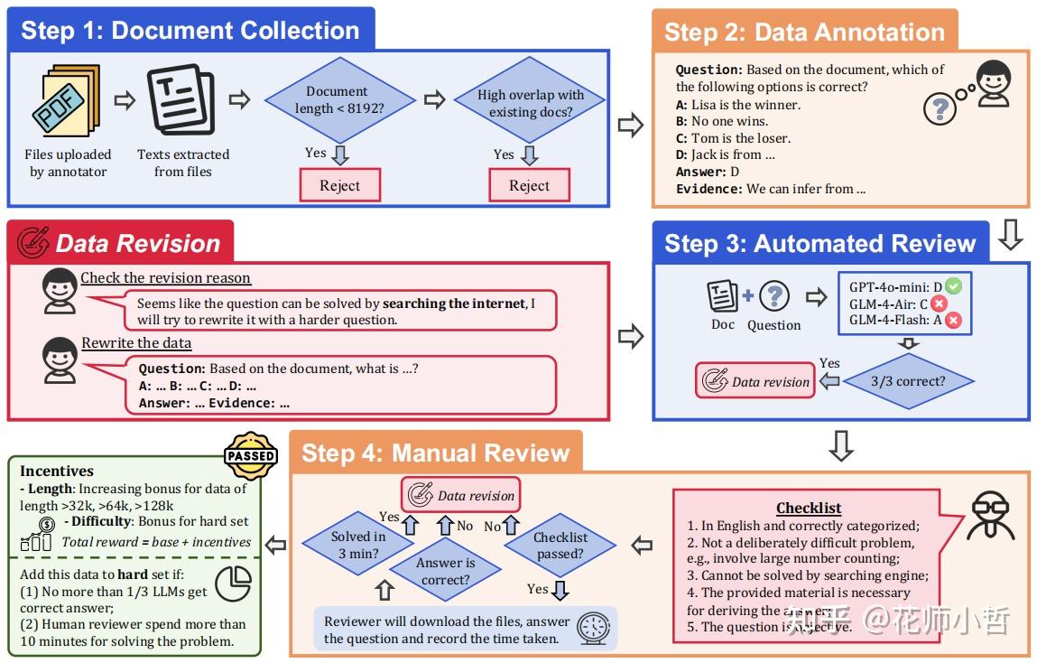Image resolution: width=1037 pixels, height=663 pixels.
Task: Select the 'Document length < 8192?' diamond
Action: [x=337, y=100]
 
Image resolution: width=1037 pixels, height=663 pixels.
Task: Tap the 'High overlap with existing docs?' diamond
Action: [x=531, y=104]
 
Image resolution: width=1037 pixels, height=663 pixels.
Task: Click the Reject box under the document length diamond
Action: [x=339, y=186]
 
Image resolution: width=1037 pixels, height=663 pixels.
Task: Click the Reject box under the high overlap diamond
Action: [x=529, y=186]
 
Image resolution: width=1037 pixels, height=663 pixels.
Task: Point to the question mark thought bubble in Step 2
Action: [x=940, y=108]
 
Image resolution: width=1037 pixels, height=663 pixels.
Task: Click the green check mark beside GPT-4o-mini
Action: [x=953, y=286]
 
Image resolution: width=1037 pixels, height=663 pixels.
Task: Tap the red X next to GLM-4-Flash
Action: [x=953, y=320]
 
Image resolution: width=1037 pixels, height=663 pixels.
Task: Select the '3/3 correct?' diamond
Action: [x=908, y=381]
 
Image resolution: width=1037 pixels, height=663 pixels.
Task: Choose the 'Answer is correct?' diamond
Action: [x=445, y=571]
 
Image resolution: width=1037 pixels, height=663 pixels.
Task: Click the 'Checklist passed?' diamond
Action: [x=560, y=545]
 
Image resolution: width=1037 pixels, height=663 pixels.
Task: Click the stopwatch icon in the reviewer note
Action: [x=594, y=628]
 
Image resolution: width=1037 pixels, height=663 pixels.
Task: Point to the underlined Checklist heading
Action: [x=809, y=508]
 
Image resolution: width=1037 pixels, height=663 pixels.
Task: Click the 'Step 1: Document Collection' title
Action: [x=190, y=31]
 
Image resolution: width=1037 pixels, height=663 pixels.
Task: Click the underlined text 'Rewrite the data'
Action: [x=136, y=342]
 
